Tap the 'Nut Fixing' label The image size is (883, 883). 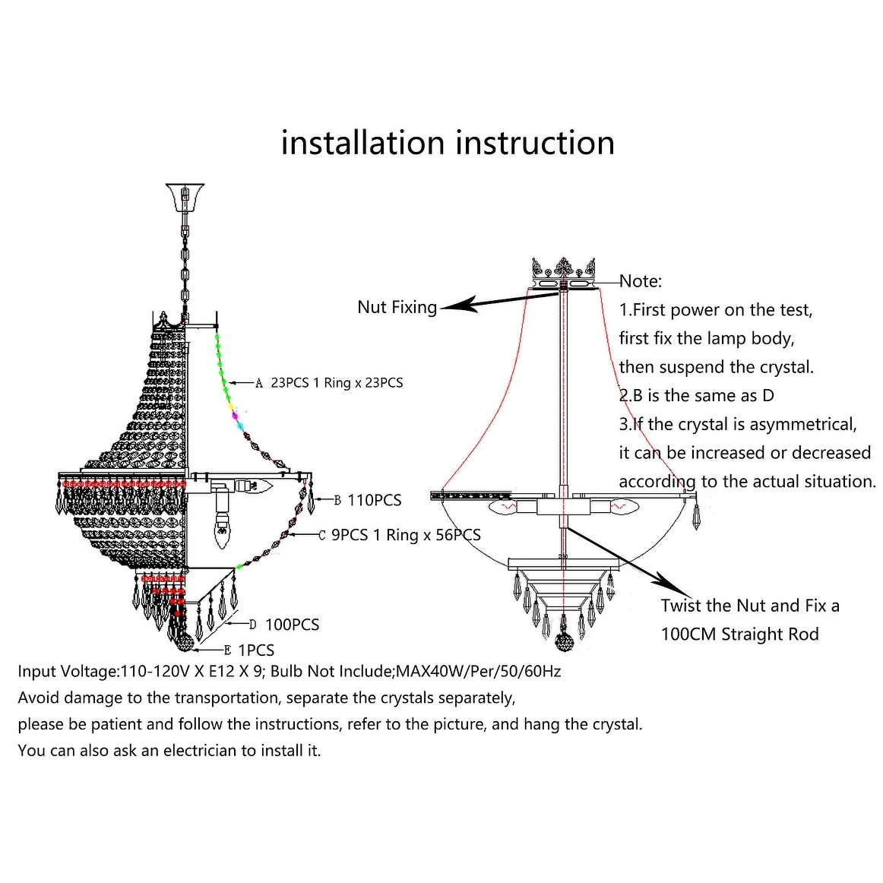[x=397, y=307]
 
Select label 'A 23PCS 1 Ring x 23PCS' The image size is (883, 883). [x=329, y=383]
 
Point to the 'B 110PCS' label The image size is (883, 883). [x=368, y=500]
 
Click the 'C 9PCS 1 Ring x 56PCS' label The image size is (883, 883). [x=399, y=535]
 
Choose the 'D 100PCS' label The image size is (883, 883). [x=284, y=625]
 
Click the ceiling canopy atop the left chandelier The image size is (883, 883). [x=185, y=195]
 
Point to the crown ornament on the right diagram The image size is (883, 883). [x=563, y=268]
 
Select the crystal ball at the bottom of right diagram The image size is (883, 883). [x=563, y=634]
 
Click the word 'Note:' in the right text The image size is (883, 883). [x=641, y=281]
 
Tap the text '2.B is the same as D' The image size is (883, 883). [x=696, y=396]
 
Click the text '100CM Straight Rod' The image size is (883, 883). [x=739, y=635]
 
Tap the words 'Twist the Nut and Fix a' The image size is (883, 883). [x=750, y=606]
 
